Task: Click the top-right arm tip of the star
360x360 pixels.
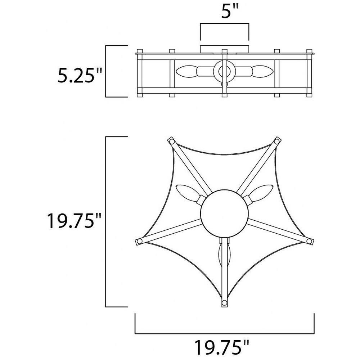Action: pos(277,141)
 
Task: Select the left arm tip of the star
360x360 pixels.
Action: pos(139,242)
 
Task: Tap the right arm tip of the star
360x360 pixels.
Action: pos(310,241)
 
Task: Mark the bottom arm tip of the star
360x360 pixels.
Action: pos(224,303)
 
